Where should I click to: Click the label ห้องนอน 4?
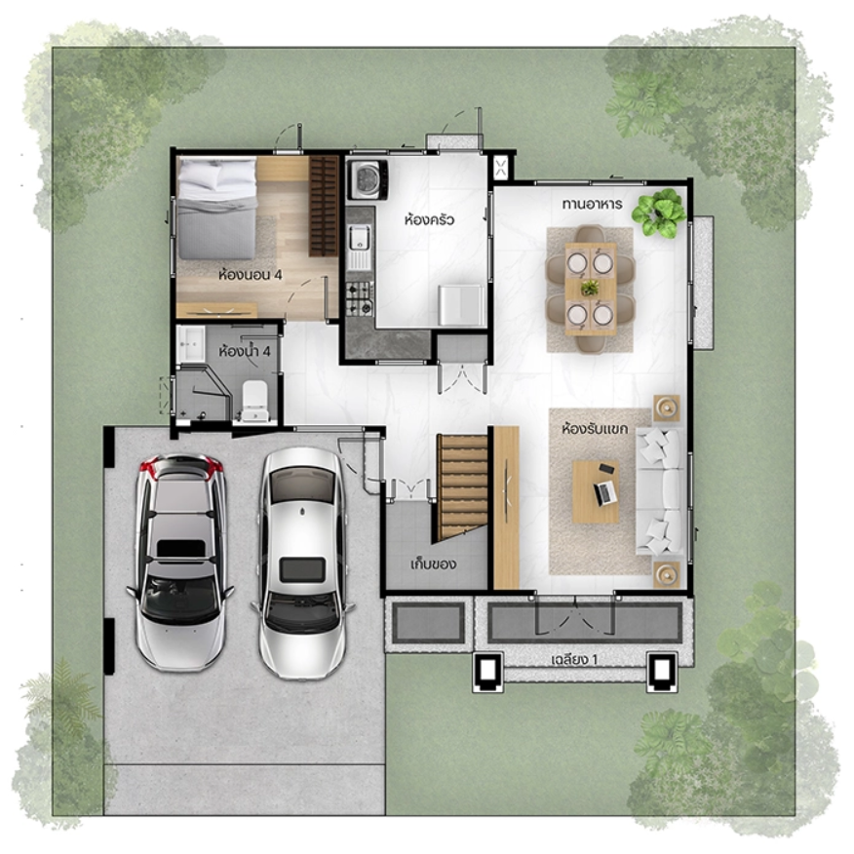[x=250, y=274]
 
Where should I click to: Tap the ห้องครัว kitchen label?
[x=429, y=219]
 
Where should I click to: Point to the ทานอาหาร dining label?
[x=592, y=205]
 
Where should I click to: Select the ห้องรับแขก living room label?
[x=595, y=429]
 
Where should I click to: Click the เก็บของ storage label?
[x=433, y=563]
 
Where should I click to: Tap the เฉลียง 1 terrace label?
[x=574, y=660]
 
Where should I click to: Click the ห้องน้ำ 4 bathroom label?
[x=244, y=351]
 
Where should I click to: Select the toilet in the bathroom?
[x=254, y=401]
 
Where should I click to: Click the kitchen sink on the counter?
[x=359, y=247]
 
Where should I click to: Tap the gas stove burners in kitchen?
[x=360, y=299]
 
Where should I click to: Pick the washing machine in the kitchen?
[x=369, y=179]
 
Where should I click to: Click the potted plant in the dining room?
[x=659, y=213]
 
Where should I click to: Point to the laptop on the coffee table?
[x=604, y=494]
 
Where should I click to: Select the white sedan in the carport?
[x=302, y=564]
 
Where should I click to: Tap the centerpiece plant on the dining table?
[x=589, y=288]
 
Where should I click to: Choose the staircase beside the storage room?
[x=462, y=486]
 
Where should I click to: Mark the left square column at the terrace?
[x=486, y=672]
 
